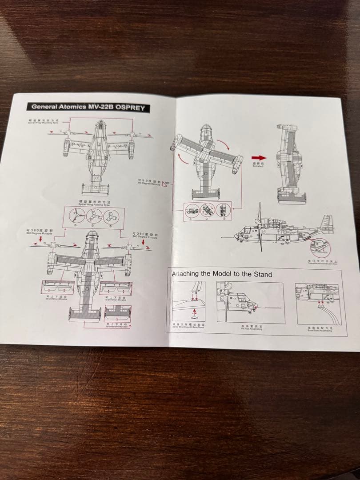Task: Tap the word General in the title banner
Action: click(x=44, y=106)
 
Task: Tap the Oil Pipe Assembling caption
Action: click(x=252, y=328)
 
